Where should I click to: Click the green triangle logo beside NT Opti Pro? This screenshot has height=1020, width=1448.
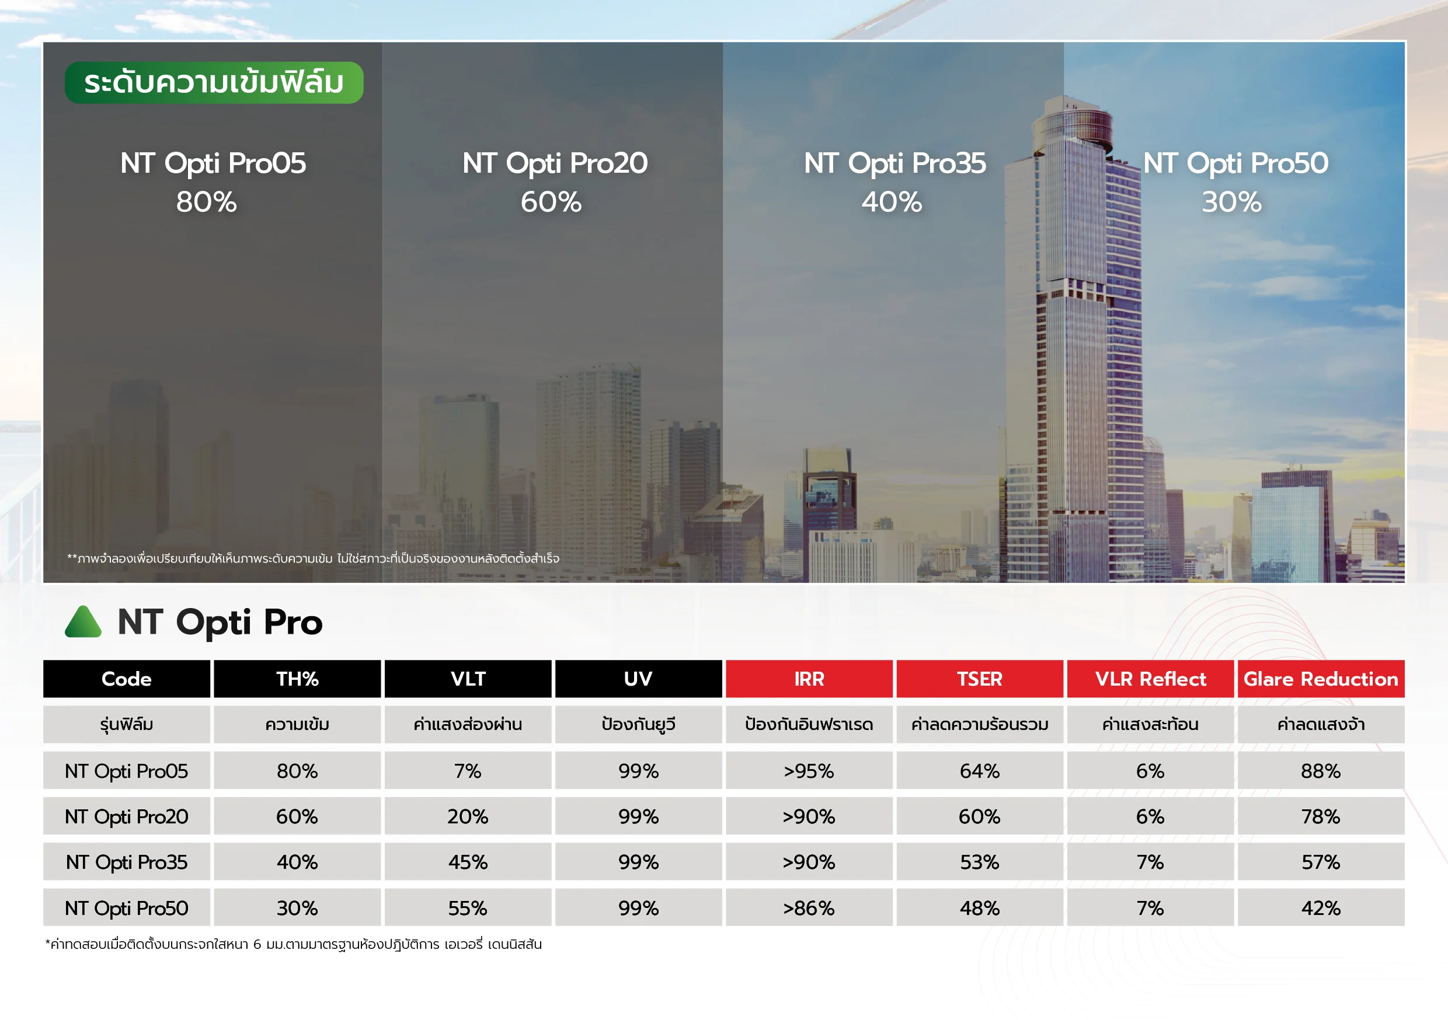83,621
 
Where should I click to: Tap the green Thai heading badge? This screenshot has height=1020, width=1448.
214,83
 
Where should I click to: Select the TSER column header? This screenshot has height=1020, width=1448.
979,679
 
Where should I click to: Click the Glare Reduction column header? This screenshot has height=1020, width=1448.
1321,679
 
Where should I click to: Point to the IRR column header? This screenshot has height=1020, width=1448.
809,679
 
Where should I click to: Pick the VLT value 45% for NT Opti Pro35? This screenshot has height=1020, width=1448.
468,862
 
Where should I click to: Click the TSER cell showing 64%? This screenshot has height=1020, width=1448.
979,770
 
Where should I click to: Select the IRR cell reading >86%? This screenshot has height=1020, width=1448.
809,908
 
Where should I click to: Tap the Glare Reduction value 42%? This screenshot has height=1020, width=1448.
1321,908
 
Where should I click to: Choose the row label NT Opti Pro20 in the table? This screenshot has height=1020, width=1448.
127,816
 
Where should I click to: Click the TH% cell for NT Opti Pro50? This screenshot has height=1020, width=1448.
297,908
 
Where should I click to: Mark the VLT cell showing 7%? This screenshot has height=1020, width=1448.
468,770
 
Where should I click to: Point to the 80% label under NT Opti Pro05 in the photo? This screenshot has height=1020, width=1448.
206,202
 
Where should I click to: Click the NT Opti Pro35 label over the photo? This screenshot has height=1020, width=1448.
895,163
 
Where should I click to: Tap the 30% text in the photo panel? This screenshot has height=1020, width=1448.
1232,202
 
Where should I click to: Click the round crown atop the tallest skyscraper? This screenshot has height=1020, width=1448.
1072,123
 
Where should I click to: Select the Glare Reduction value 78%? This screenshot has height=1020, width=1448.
1321,816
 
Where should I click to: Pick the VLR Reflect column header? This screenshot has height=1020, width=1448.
1150,679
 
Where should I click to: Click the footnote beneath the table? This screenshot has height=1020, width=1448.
293,944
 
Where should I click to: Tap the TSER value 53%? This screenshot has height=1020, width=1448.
979,862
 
